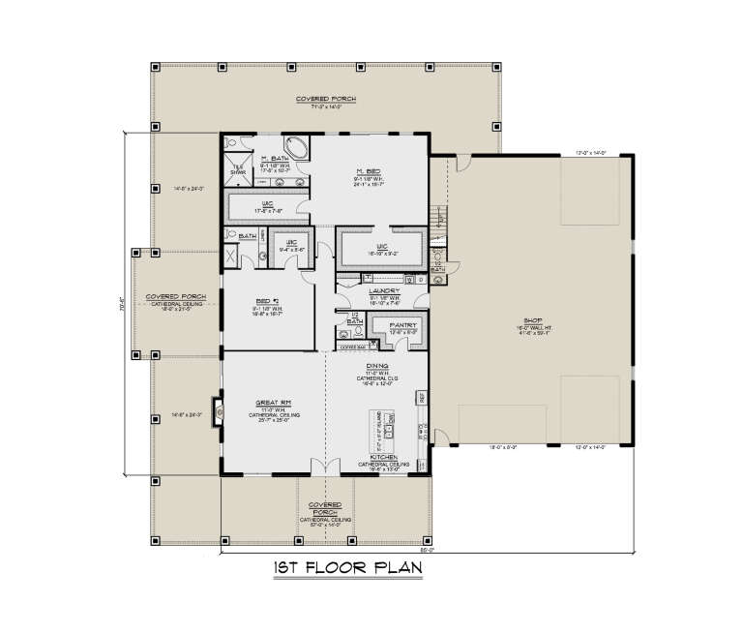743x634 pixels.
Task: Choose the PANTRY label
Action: (x=402, y=325)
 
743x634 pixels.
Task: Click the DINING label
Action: (x=377, y=366)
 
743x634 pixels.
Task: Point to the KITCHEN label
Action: (x=384, y=457)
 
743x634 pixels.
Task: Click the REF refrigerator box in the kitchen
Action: (x=422, y=397)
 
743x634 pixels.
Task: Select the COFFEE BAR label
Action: (x=355, y=346)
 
